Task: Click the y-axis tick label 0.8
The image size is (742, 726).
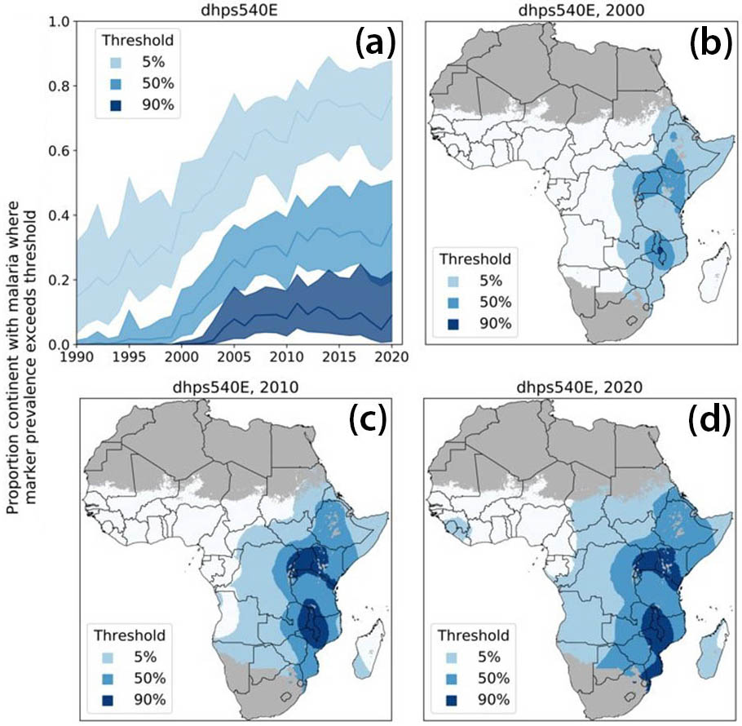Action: coord(59,86)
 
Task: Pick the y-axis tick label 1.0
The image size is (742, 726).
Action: coord(59,22)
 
